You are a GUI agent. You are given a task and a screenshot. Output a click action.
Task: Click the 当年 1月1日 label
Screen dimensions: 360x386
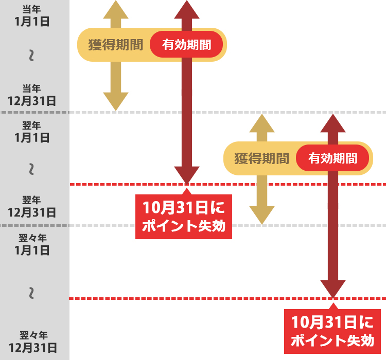coord(32,15)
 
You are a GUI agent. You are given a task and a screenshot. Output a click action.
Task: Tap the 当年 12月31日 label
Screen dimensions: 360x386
coord(32,95)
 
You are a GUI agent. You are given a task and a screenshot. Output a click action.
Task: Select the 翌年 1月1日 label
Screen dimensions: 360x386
coord(32,132)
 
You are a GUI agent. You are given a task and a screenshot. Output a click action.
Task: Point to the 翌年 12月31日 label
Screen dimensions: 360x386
coord(32,206)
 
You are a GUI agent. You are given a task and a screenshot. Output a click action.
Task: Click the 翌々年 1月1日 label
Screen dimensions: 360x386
coord(32,244)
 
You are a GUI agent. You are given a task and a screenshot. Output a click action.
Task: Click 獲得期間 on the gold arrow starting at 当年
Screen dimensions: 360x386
coord(115,45)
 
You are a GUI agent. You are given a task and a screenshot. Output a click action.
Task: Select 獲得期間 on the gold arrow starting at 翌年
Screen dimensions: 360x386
coord(261,158)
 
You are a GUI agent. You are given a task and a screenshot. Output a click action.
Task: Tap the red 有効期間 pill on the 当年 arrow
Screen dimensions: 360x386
coord(187,45)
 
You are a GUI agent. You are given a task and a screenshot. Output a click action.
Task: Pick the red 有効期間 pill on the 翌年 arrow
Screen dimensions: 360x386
coord(333,158)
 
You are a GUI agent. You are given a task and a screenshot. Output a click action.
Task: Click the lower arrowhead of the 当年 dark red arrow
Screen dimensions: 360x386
coord(187,175)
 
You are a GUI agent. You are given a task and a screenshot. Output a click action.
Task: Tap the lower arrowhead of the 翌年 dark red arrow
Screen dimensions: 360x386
coord(333,289)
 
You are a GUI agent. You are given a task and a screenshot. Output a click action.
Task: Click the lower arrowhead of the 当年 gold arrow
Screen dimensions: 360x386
coord(116,102)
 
